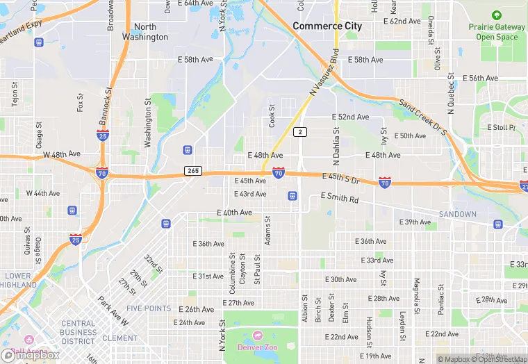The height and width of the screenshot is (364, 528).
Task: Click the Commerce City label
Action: (327, 26)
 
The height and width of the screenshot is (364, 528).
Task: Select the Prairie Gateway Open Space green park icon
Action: (496, 15)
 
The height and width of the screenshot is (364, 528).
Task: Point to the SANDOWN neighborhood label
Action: (458, 214)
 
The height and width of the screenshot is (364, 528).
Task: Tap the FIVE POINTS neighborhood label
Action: (149, 308)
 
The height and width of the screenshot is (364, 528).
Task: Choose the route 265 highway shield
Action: (193, 171)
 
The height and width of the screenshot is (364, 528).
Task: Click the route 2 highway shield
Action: (300, 132)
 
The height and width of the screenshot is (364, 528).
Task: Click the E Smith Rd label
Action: (340, 199)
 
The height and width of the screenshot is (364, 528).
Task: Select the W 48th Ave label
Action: (62, 154)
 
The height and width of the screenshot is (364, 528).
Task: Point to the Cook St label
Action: (272, 116)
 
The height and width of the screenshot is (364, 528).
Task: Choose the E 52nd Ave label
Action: (350, 117)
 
